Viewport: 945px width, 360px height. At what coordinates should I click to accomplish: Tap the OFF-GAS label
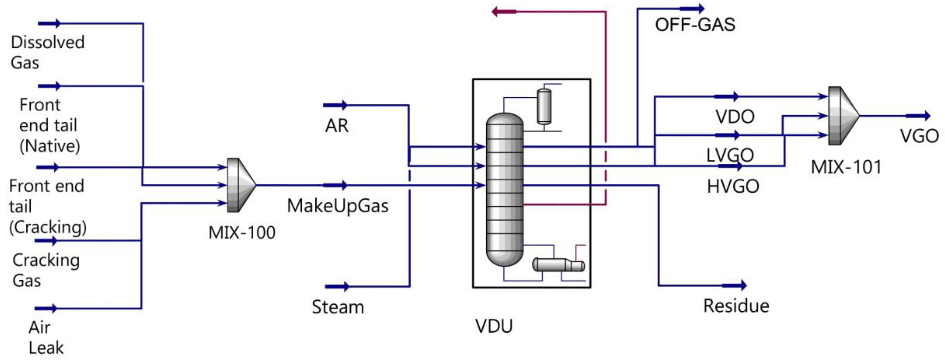[695, 25]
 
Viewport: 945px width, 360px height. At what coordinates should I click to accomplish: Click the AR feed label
[336, 126]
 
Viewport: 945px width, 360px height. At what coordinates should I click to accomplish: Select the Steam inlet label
[338, 307]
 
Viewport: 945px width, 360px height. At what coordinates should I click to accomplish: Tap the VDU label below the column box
[494, 326]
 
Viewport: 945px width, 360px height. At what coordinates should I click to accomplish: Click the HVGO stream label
[732, 186]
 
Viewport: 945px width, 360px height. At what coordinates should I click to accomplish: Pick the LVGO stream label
[730, 155]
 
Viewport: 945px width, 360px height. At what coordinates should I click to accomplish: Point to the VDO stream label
[735, 117]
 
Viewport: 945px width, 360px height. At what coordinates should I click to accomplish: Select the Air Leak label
[46, 337]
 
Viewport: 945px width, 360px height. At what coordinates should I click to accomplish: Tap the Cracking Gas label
[46, 270]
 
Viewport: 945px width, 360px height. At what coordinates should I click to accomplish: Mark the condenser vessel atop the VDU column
[544, 106]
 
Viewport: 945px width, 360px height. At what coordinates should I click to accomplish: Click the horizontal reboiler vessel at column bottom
[557, 265]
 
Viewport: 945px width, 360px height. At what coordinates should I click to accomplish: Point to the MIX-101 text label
[846, 167]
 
